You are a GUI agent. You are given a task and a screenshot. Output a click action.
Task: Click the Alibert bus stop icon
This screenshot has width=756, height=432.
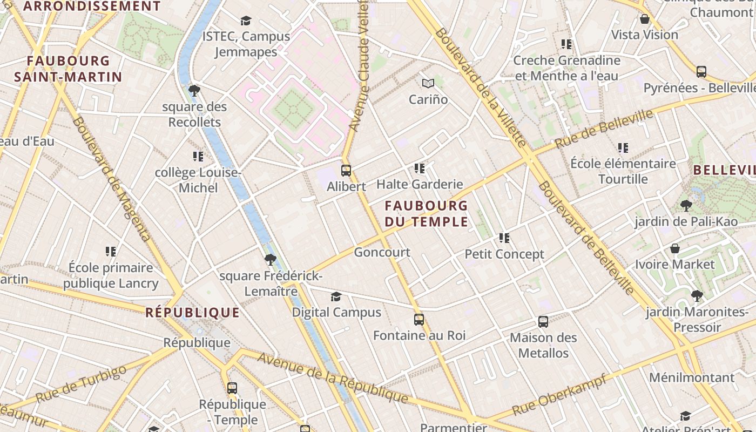tap(346, 171)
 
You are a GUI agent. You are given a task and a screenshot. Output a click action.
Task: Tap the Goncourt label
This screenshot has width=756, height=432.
tap(382, 252)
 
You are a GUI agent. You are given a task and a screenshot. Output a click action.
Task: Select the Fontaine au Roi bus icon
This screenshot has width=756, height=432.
tap(418, 320)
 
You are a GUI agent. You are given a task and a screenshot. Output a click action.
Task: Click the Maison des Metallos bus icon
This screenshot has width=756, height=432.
tap(543, 322)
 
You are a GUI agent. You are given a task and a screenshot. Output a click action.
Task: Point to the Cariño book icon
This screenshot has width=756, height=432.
tap(428, 84)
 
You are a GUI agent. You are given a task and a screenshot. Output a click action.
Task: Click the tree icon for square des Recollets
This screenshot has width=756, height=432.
tap(194, 91)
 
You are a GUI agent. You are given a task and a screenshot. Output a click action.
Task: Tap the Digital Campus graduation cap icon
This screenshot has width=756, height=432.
tap(336, 296)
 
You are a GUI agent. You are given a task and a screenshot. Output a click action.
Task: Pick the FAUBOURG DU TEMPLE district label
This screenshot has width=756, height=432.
tap(426, 213)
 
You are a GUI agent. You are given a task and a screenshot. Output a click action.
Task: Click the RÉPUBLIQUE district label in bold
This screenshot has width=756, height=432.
tap(192, 312)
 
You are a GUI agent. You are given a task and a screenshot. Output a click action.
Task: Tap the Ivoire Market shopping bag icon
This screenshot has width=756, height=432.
tap(675, 248)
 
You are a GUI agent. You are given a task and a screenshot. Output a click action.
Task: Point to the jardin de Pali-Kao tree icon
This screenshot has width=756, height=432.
tap(686, 205)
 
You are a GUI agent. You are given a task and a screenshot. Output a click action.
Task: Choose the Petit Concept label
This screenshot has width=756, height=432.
tap(504, 254)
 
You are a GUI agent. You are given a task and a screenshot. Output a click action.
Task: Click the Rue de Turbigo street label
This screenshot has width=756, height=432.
tap(81, 384)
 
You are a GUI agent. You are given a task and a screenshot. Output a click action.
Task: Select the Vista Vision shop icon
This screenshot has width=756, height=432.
tap(644, 19)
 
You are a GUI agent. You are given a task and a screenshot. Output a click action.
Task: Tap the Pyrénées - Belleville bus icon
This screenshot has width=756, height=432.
tap(701, 71)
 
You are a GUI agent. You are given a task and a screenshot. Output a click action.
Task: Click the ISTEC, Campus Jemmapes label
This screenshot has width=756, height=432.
tap(246, 44)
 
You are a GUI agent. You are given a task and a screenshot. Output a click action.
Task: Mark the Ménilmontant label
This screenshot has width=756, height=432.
tap(692, 377)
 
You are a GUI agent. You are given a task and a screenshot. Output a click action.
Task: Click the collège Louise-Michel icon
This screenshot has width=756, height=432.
tap(198, 157)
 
